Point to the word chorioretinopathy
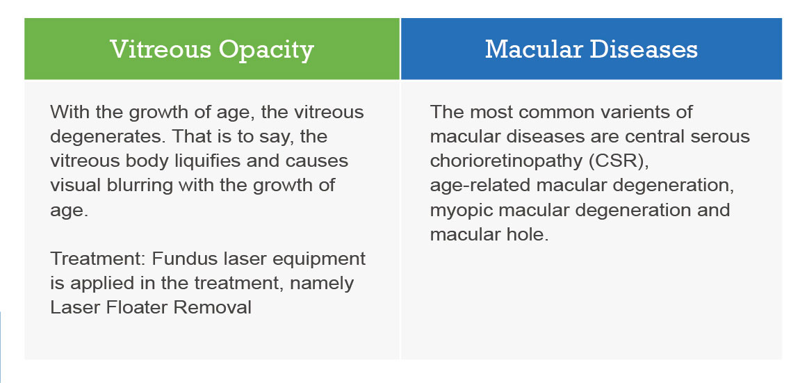pyautogui.click(x=507, y=161)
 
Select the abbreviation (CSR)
pyautogui.click(x=619, y=161)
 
